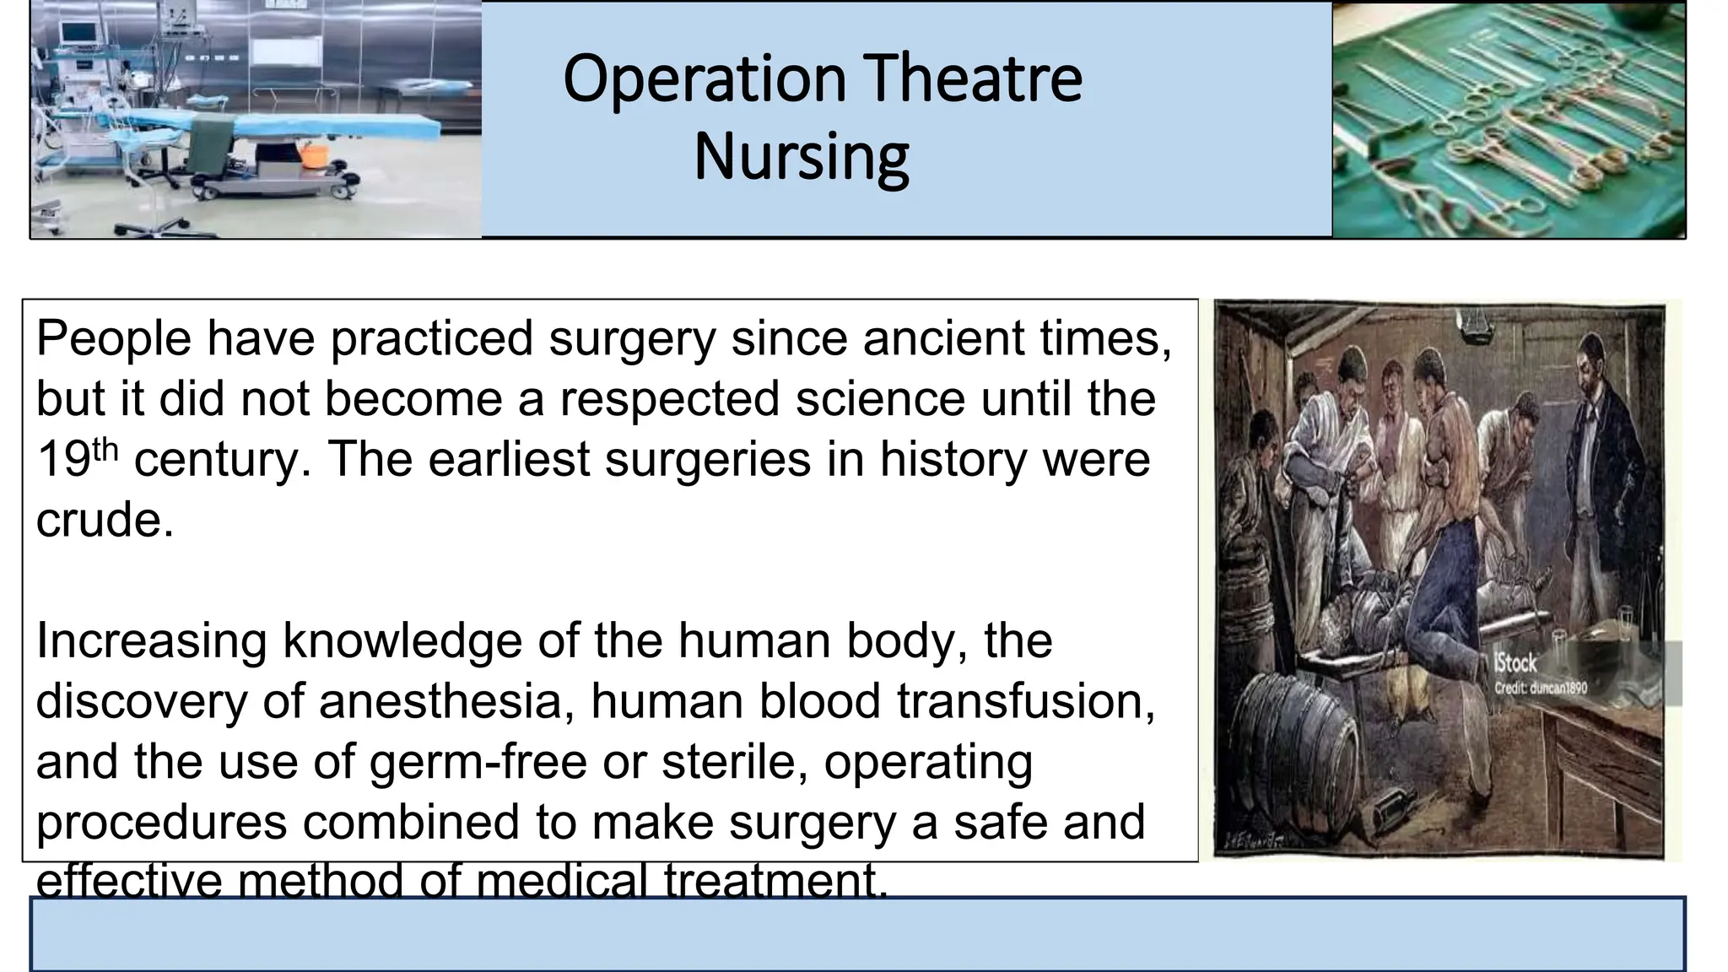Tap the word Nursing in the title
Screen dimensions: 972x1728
(x=801, y=157)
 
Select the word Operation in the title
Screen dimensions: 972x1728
(x=705, y=78)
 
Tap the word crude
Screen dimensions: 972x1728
(x=105, y=520)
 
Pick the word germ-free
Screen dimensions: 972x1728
(x=478, y=761)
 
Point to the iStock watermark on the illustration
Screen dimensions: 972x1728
(x=1515, y=664)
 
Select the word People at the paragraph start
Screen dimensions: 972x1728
(x=114, y=338)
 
